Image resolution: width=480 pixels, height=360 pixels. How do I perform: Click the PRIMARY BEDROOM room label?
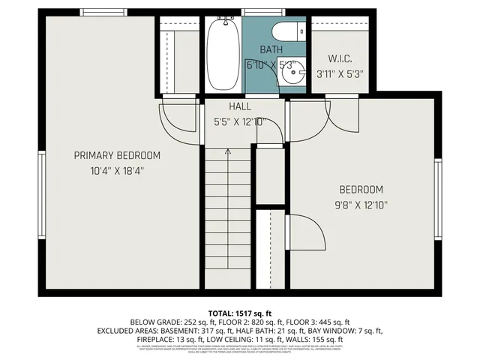(x=116, y=155)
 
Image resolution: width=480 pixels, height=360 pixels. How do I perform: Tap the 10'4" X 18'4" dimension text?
(x=116, y=170)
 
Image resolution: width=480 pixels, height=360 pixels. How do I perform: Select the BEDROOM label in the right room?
(x=361, y=190)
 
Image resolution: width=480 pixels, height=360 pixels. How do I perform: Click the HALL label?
(x=240, y=107)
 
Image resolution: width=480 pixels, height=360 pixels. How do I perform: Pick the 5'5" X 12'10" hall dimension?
(x=240, y=121)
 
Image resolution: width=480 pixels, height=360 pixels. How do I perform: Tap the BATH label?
(x=271, y=49)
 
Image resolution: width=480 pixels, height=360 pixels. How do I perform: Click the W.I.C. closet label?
(x=340, y=58)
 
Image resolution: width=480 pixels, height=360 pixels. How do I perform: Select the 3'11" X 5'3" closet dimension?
(x=340, y=73)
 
